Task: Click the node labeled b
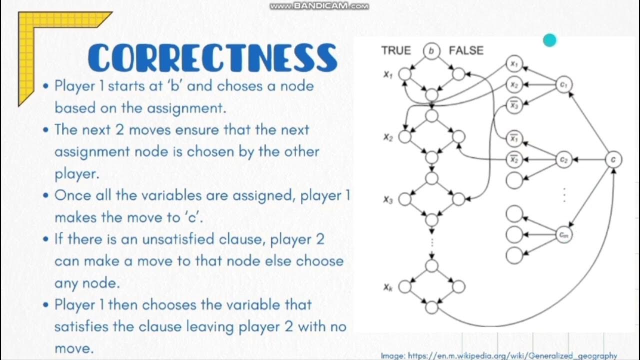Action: (x=431, y=50)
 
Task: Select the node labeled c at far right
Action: (x=613, y=160)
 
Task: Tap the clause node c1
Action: (x=563, y=85)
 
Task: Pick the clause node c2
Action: (x=563, y=160)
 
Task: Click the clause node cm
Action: (x=563, y=234)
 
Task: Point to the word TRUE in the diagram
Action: (x=395, y=50)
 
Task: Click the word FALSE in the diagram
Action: (x=466, y=50)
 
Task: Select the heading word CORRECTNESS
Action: (x=212, y=58)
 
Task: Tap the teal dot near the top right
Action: (x=549, y=40)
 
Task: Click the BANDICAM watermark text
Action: (x=319, y=6)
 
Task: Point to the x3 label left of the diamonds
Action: (x=388, y=199)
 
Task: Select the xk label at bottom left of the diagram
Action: (x=388, y=287)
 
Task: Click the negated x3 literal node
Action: (x=513, y=105)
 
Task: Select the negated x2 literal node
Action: (x=513, y=160)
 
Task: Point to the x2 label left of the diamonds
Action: (x=388, y=137)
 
